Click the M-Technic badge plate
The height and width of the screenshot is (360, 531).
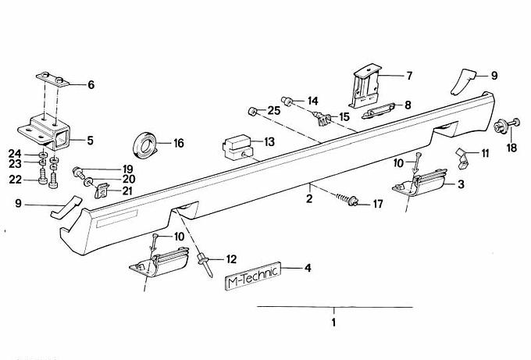253,276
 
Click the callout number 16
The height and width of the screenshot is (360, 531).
179,143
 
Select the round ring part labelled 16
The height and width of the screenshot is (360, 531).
145,145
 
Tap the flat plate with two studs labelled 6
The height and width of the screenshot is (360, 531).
53,80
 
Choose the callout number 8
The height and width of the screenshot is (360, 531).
408,105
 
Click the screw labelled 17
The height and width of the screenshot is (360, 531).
347,200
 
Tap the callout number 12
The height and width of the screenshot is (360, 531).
231,259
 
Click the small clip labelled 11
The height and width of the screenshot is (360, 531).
462,159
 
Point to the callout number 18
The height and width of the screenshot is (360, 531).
511,148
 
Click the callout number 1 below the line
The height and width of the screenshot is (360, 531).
333,323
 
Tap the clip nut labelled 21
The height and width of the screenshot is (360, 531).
102,191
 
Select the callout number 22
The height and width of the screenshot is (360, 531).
16,179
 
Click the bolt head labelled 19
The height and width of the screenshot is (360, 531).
78,172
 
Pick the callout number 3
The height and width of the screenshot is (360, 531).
461,184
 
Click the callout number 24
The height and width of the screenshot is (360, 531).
15,154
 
